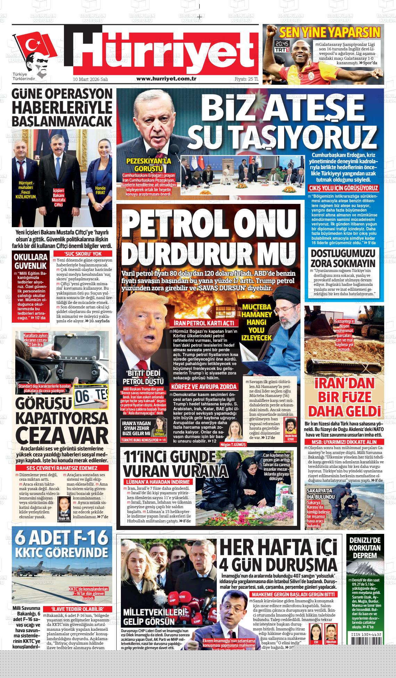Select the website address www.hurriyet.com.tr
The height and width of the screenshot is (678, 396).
pos(166,79)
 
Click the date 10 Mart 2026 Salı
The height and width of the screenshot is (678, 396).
pos(90,79)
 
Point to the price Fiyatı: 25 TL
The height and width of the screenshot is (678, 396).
pos(247,79)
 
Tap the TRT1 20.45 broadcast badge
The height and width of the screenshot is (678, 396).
pos(282,47)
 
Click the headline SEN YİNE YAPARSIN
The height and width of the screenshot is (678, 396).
pos(330,33)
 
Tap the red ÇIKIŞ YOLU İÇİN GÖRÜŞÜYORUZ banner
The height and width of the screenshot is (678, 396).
pos(344,188)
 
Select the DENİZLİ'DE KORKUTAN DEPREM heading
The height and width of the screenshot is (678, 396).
pos(367,548)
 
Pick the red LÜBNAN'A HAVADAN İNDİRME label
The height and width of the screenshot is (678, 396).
pos(158,482)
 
